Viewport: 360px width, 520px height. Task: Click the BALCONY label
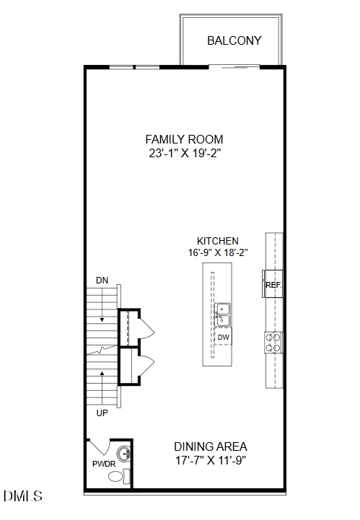point(234,40)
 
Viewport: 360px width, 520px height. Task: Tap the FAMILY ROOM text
point(184,139)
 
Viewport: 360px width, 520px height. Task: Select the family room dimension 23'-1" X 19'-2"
point(184,153)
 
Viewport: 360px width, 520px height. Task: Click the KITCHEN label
point(218,241)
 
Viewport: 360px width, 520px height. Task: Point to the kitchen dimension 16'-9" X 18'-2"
point(218,252)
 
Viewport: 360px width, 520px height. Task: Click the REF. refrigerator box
point(273,284)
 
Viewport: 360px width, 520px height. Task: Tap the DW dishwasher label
point(223,337)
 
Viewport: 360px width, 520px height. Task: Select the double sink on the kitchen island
point(222,314)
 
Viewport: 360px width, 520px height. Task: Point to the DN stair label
point(102,280)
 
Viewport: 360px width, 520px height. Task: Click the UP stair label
point(102,413)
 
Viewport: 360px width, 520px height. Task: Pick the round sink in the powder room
point(124,455)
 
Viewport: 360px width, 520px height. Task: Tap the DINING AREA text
point(211,446)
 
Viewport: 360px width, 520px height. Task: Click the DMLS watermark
point(23,496)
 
